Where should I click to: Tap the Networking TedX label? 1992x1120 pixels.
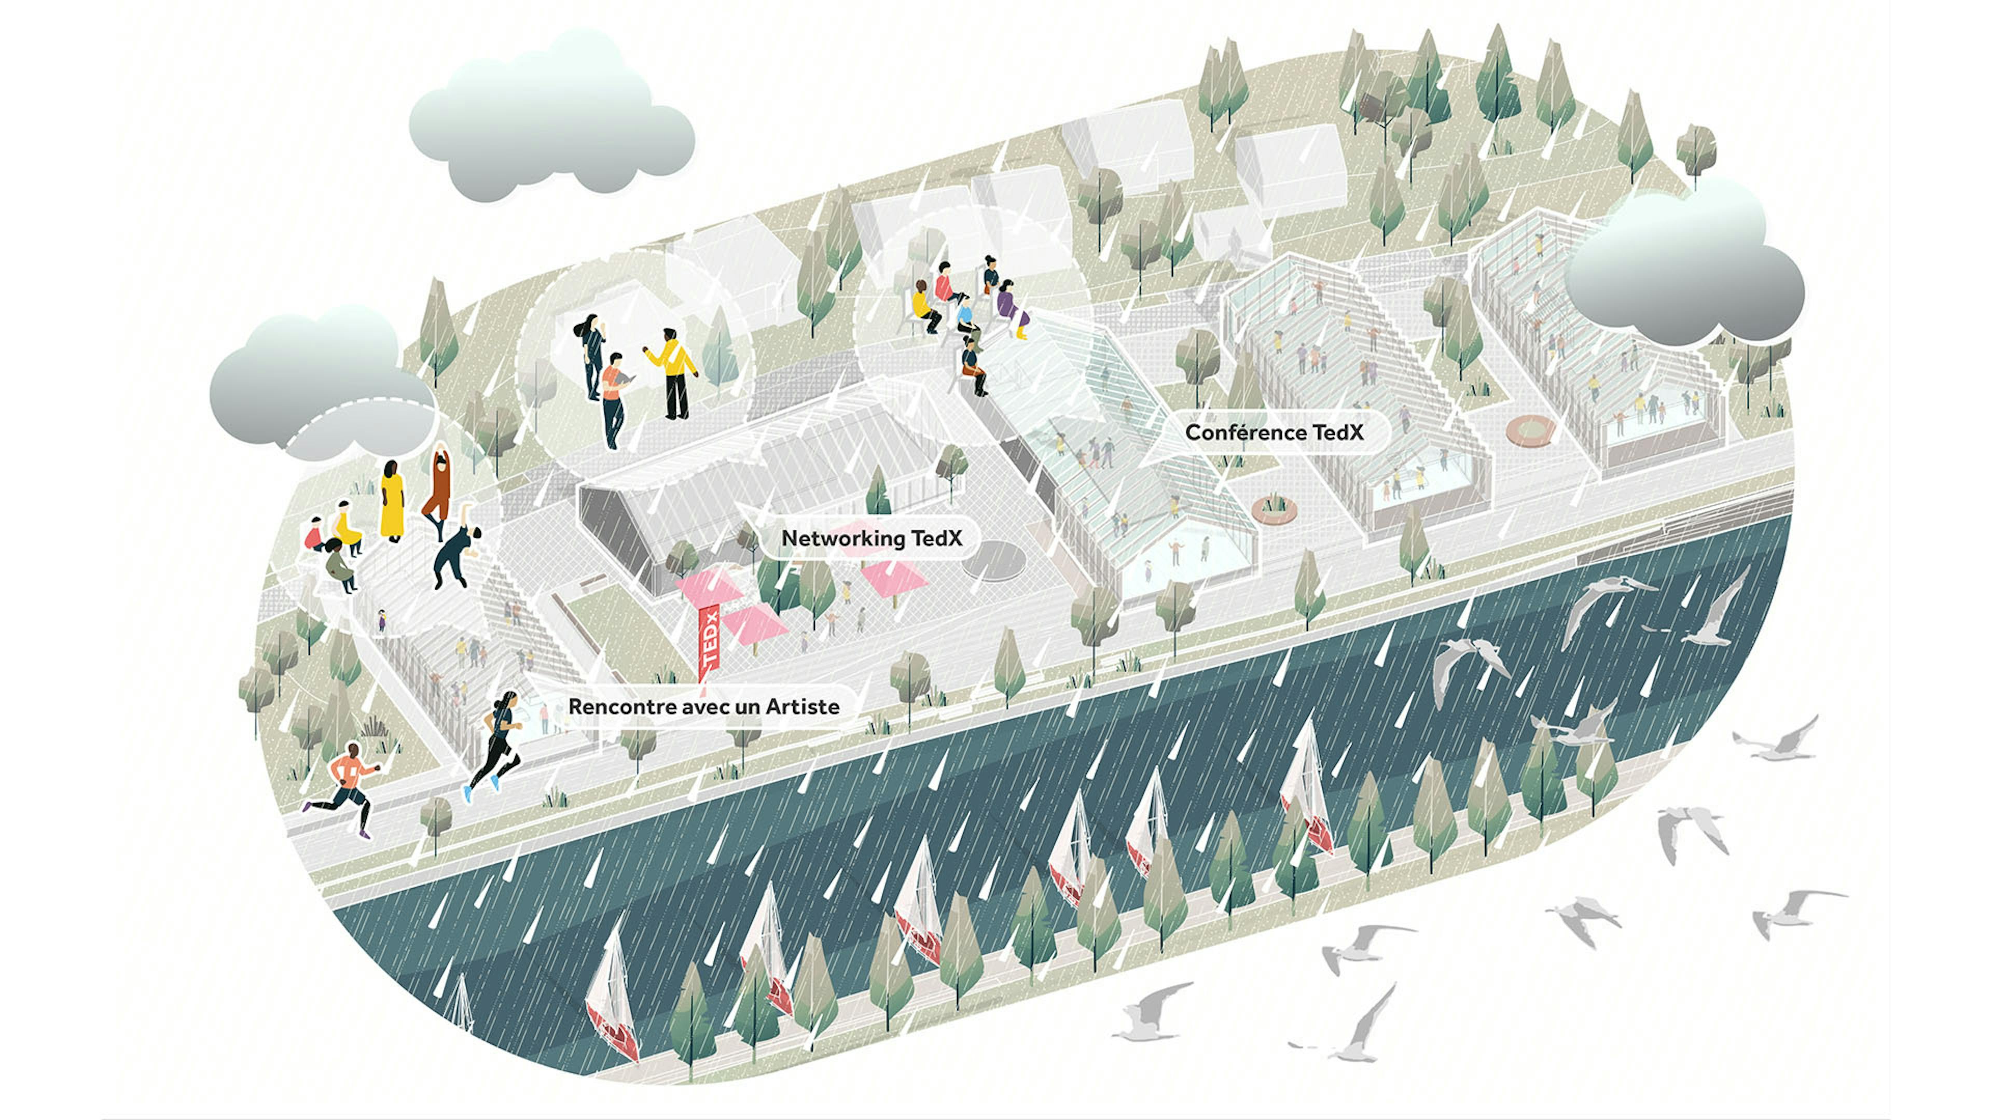[x=872, y=538]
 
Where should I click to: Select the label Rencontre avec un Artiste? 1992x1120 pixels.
[x=704, y=706]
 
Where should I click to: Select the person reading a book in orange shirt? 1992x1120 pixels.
[x=614, y=400]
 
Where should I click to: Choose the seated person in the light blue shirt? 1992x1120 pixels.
[x=966, y=317]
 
